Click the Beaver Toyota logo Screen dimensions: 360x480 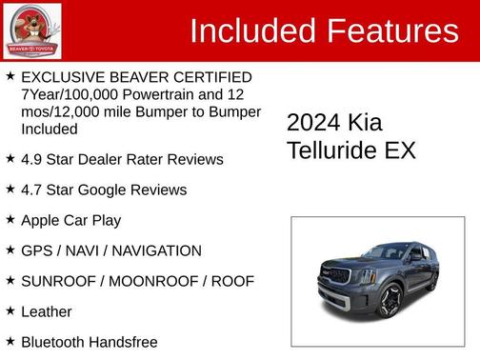32,30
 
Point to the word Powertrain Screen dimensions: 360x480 162,94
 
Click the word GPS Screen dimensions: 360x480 36,250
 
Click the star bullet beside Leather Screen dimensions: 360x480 10,310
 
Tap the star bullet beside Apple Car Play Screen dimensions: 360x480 10,219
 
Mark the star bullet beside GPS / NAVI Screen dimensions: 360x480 10,250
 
